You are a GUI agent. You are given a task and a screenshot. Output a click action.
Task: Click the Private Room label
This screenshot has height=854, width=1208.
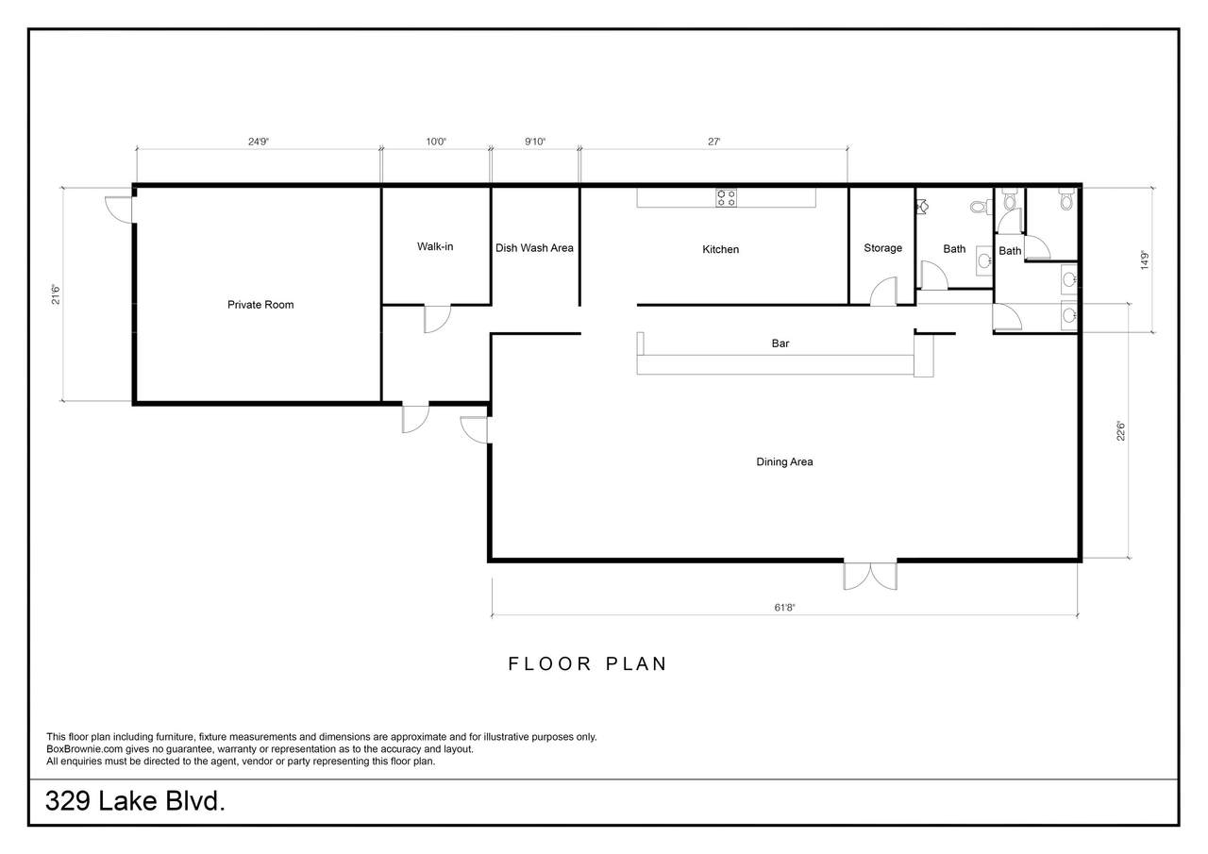tap(260, 305)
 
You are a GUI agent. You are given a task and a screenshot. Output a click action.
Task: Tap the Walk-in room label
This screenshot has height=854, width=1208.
tap(435, 246)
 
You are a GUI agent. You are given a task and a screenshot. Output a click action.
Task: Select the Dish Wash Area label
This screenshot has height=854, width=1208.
tap(534, 248)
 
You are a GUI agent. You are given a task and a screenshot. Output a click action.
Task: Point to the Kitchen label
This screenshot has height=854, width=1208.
tap(720, 249)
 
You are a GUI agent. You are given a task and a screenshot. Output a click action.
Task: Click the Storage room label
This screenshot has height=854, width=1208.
tap(882, 248)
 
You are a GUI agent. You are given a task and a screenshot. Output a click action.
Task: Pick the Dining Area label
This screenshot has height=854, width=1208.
tap(784, 461)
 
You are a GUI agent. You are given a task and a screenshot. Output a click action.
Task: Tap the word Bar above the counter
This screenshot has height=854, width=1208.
tap(780, 343)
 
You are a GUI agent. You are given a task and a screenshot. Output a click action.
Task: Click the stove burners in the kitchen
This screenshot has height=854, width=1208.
tap(726, 197)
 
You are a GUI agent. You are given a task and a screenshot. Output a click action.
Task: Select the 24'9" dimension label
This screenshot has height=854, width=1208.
tap(259, 142)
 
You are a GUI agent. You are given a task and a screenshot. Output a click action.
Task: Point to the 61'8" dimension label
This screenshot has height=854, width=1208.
tap(784, 608)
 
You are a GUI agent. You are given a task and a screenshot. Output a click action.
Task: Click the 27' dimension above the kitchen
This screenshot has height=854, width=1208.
tap(714, 142)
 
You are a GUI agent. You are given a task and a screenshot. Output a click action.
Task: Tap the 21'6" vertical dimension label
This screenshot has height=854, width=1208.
tap(56, 294)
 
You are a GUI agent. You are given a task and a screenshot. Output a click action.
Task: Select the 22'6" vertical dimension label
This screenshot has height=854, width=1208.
tap(1121, 431)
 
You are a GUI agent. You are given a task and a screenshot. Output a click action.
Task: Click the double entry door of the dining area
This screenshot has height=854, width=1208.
tap(870, 577)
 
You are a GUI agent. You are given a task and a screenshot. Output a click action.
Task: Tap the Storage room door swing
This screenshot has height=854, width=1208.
tap(883, 292)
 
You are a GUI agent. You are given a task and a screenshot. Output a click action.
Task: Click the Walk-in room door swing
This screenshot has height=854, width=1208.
tap(437, 319)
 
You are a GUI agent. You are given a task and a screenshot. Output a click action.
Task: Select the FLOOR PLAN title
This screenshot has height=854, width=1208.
tap(588, 663)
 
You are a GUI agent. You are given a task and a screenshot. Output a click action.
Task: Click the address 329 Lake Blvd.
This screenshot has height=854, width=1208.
tap(135, 801)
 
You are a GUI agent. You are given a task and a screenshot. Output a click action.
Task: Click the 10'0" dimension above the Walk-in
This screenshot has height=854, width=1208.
tap(436, 142)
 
